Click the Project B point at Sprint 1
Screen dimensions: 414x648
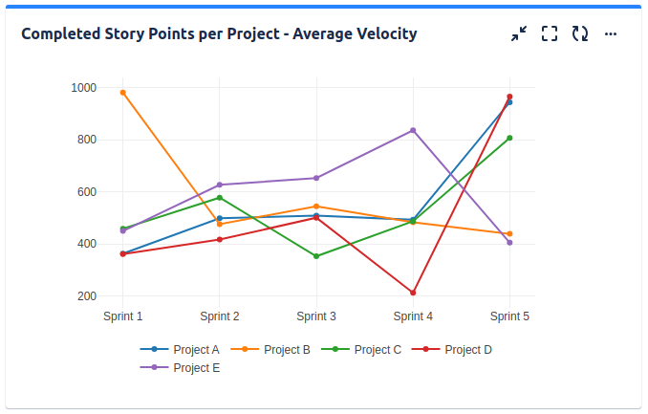click(x=123, y=93)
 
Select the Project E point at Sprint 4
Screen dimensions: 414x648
click(x=413, y=130)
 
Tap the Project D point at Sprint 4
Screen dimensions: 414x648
click(x=413, y=293)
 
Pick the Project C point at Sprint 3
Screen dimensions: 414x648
click(x=316, y=256)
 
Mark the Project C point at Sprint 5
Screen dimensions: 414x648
click(x=509, y=138)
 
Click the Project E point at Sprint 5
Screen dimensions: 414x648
click(x=509, y=243)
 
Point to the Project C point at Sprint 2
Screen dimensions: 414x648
click(x=220, y=198)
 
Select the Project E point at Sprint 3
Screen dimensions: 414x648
click(x=316, y=178)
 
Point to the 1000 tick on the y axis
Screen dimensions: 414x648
click(x=83, y=88)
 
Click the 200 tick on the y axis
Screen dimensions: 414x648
click(x=86, y=296)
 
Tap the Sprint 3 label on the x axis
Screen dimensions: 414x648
click(x=316, y=316)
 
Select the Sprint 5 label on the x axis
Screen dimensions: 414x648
click(x=509, y=316)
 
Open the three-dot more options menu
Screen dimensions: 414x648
click(x=611, y=34)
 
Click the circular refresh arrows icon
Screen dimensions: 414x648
click(x=580, y=34)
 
